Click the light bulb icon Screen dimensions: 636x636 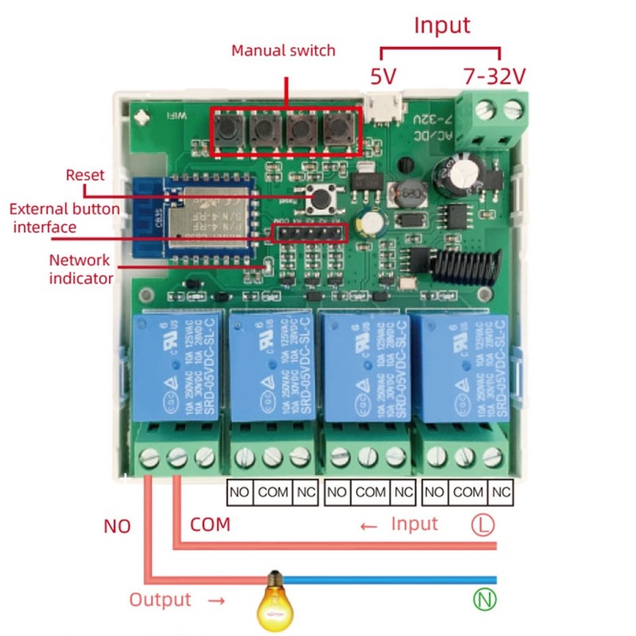[x=274, y=600]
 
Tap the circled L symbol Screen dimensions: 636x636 [x=483, y=525]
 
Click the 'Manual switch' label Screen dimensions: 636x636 [x=283, y=51]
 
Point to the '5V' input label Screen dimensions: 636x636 [x=383, y=76]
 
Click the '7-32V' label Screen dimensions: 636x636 [x=494, y=76]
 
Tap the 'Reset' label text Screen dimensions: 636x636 [x=84, y=175]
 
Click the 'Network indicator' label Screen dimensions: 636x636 [x=80, y=269]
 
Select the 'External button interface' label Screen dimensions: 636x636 [x=64, y=219]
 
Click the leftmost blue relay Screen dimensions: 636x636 [x=174, y=366]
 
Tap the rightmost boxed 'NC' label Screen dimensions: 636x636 [x=500, y=492]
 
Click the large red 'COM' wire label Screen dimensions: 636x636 [x=210, y=525]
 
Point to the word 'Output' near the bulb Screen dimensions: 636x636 [x=160, y=600]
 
